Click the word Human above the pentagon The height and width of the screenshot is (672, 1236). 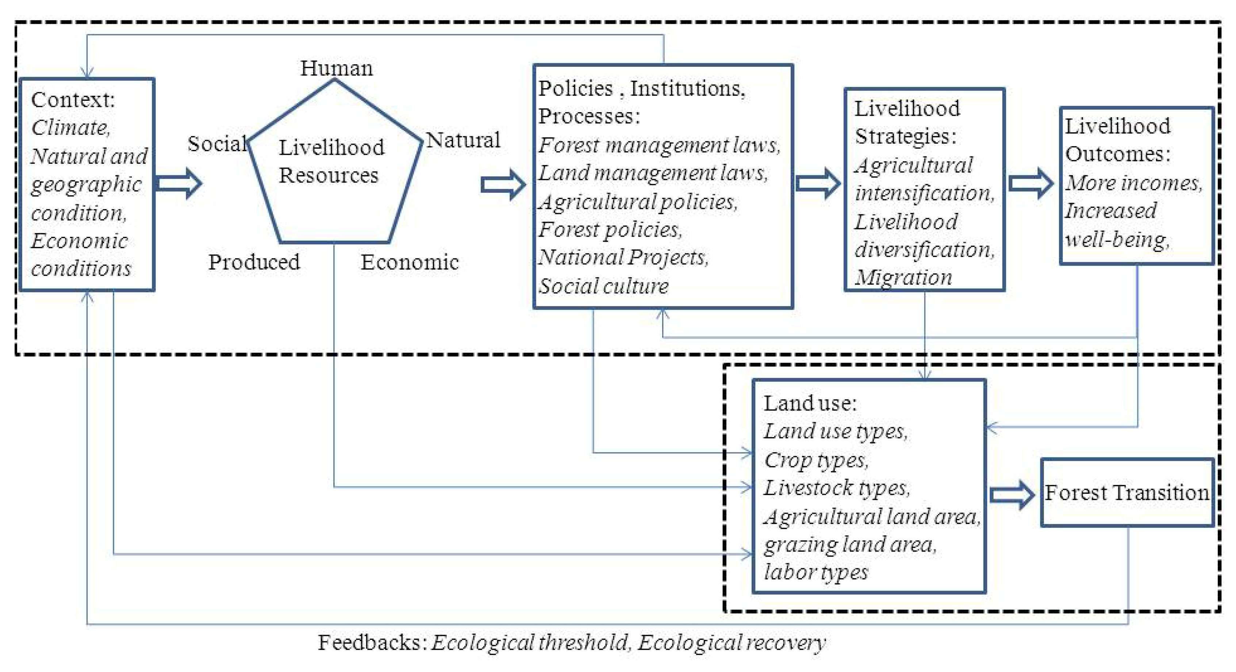[x=336, y=68]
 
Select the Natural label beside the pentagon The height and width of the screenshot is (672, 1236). [x=463, y=140]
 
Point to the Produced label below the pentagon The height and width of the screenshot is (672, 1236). [x=254, y=262]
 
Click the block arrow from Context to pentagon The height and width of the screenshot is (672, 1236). [x=179, y=183]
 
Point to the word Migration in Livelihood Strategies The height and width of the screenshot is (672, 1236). [x=903, y=278]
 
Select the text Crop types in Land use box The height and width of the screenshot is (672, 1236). [x=816, y=460]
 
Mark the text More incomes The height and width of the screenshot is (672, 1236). [x=1134, y=183]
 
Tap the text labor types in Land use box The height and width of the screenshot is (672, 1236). [x=816, y=572]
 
